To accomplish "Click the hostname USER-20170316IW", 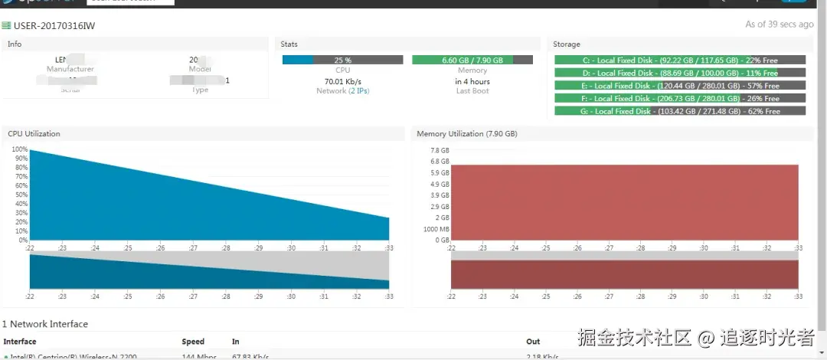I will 54,26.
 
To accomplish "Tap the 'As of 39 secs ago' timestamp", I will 779,25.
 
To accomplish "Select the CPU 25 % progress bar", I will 342,60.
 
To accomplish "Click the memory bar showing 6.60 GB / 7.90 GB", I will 472,60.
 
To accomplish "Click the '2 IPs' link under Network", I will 358,91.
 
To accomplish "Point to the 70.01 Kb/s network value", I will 342,81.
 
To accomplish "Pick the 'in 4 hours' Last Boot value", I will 472,81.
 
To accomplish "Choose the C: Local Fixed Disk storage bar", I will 680,60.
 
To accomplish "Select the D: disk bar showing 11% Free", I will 680,73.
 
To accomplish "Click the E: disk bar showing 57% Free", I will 680,86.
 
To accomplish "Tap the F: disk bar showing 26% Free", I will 680,98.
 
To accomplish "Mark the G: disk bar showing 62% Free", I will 680,111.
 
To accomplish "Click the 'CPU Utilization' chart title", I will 34,134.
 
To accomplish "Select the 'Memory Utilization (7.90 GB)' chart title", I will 466,134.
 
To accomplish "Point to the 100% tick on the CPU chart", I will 20,149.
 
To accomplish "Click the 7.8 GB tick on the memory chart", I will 440,150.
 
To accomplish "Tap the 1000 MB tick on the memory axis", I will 436,229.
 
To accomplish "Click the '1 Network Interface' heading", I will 45,324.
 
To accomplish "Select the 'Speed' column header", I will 193,342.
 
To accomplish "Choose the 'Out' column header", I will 533,342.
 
